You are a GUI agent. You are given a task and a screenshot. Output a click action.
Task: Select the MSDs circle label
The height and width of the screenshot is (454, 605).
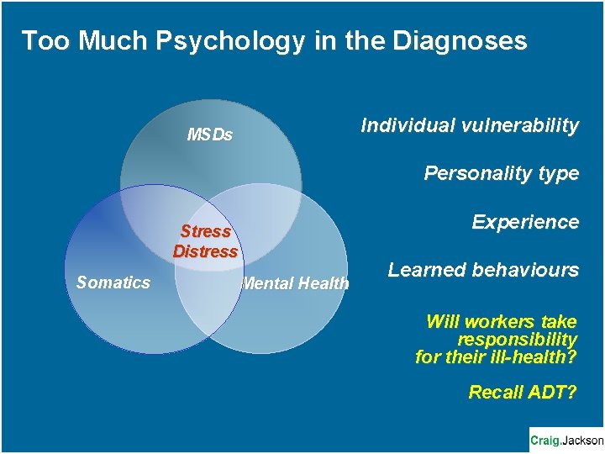point(209,135)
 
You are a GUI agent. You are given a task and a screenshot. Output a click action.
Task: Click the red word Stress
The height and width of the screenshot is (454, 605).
point(206,231)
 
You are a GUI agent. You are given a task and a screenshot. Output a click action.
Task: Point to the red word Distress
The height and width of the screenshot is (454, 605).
point(206,251)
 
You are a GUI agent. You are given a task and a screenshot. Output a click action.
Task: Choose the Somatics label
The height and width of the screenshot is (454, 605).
point(113,282)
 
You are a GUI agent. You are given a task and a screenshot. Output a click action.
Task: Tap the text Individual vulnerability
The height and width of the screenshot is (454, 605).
point(470,125)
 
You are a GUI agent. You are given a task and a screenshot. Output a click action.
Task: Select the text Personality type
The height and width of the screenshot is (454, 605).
point(501,173)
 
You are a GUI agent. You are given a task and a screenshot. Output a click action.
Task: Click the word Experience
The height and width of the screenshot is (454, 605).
point(525,222)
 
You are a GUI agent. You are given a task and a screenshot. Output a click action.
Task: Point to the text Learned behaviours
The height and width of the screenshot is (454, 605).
point(483,270)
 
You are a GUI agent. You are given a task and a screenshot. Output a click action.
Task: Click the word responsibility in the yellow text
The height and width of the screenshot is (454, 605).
point(517,340)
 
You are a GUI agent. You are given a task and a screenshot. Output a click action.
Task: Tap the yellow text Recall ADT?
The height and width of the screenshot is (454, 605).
point(523,392)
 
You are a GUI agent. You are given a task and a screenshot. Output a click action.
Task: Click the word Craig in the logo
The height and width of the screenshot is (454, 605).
point(545,440)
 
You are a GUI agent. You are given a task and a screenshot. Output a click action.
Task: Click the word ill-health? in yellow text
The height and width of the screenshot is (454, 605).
point(535,357)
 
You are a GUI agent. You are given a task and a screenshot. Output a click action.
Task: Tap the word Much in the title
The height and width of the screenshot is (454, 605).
point(98,40)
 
